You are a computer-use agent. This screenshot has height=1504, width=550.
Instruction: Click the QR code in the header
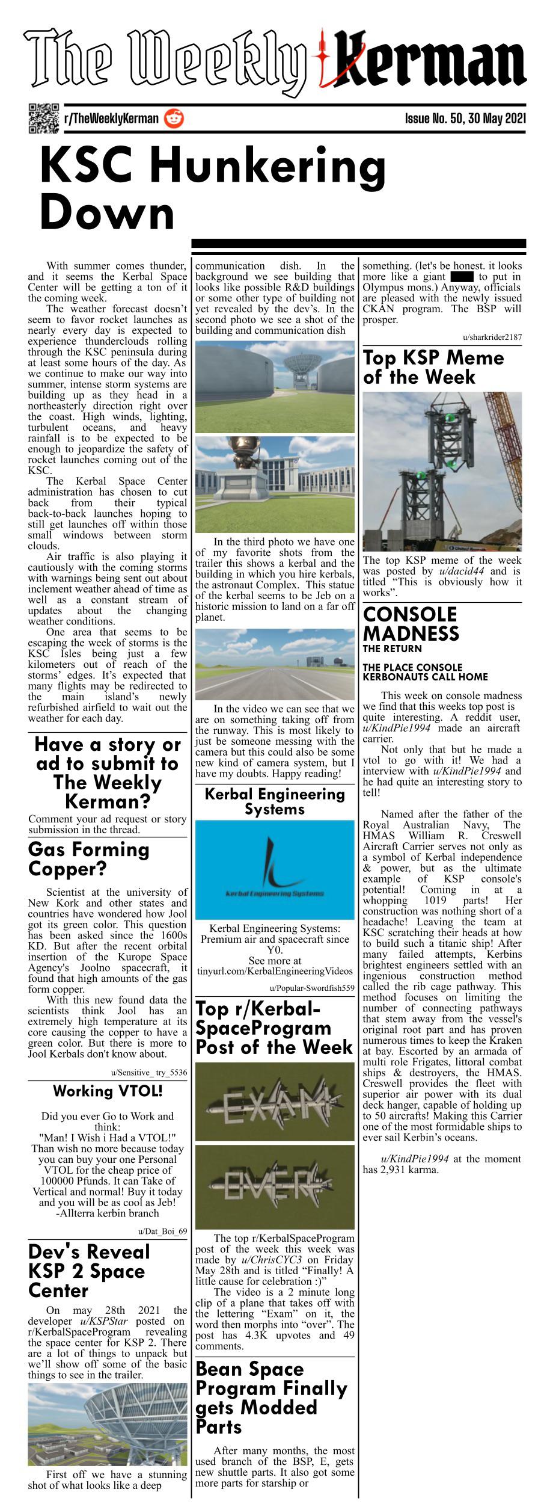coord(43,118)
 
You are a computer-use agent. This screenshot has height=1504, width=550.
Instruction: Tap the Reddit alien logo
coord(174,118)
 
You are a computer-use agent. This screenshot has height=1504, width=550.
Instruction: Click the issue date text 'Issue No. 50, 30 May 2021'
coord(465,118)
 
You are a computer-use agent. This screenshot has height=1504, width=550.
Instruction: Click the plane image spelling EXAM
coord(275,1104)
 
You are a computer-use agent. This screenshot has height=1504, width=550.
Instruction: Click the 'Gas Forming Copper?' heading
coord(88,859)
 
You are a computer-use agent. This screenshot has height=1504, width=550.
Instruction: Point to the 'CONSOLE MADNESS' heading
coord(411,624)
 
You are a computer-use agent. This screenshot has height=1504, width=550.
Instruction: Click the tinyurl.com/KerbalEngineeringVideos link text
coord(275,971)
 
